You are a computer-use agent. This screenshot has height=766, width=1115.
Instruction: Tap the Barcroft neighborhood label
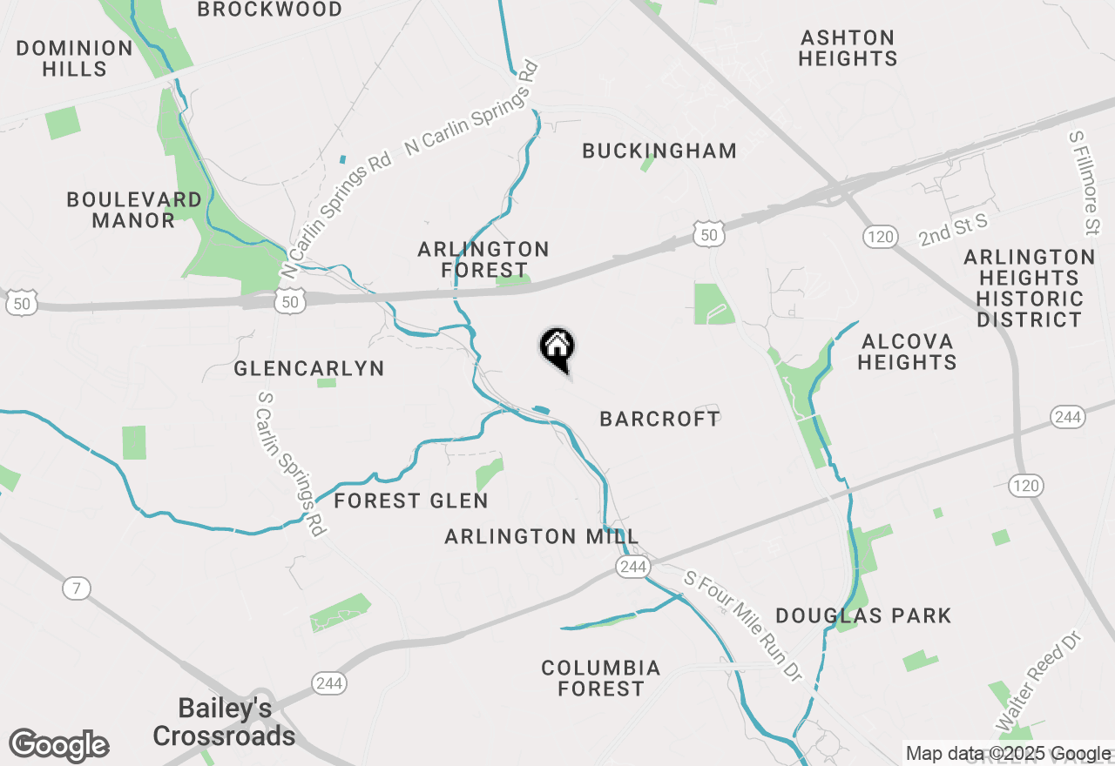(x=660, y=419)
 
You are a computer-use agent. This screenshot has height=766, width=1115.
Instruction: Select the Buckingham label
(x=659, y=151)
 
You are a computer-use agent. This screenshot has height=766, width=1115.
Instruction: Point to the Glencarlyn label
(x=309, y=368)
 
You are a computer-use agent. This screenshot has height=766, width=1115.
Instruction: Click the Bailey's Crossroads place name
(x=225, y=722)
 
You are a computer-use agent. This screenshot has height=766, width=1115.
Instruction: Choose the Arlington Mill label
(x=542, y=536)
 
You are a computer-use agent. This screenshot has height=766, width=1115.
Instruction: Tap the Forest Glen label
(x=411, y=501)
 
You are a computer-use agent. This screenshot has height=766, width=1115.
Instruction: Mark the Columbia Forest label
(x=601, y=678)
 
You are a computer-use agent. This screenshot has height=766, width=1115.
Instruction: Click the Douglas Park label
(x=863, y=615)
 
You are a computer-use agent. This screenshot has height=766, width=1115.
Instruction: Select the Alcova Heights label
(x=907, y=352)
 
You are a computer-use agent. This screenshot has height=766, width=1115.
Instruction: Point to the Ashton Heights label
(x=848, y=48)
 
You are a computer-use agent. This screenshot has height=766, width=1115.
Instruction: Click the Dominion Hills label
(x=74, y=58)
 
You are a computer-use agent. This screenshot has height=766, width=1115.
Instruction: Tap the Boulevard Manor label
(x=134, y=210)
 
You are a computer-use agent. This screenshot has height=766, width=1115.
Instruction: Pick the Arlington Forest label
(x=483, y=259)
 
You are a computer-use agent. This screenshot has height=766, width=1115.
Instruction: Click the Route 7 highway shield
(x=77, y=588)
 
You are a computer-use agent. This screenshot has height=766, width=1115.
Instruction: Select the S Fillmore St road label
(x=1085, y=184)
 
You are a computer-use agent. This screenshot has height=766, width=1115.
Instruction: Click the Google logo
(x=58, y=746)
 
